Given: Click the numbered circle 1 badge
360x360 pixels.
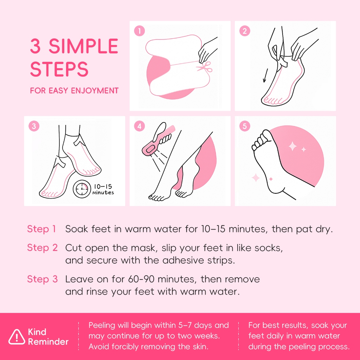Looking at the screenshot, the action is pos(139,31).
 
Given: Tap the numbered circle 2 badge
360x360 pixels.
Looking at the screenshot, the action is pos(245,31).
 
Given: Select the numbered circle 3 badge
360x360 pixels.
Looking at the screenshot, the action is pos(34,126).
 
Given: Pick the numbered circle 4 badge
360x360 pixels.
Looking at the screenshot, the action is pos(139,126).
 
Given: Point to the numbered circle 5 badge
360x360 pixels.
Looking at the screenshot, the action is pos(245,126).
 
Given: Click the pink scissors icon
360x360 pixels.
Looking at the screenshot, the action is pos(205,67).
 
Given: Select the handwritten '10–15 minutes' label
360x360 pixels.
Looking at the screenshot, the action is pos(103,189).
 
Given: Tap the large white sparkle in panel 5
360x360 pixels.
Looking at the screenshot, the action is pos(293,146).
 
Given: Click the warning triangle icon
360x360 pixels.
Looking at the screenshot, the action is pos(17,337).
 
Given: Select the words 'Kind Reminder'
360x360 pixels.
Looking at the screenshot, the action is pos(48,337).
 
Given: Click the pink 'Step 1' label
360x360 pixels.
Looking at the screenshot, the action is pos(41,229).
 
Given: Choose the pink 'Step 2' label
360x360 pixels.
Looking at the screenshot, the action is pos(43,248).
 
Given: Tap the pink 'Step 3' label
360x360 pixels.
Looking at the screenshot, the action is pos(43,279).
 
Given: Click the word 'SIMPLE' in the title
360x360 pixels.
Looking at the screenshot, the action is pos(83,46).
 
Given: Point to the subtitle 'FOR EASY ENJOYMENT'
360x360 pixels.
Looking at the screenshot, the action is pos(75,91).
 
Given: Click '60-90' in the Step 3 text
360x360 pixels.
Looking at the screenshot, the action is pos(141,279).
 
